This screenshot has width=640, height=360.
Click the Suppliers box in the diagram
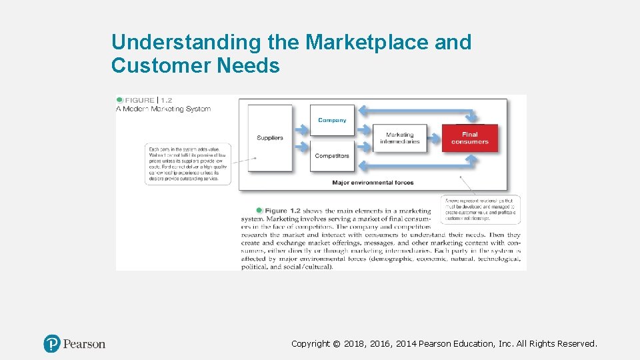pos(269,138)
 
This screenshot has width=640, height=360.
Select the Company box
pos(332,121)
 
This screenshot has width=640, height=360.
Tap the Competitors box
pos(332,156)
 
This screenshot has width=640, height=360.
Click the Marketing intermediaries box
pos(400,138)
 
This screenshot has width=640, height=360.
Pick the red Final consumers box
pos(469,138)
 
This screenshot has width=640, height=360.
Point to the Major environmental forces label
pos(373,183)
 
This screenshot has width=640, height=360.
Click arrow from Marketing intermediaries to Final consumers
pos(435,138)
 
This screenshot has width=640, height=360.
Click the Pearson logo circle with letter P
pos(52,344)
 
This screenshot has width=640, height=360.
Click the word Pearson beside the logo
pos(85,344)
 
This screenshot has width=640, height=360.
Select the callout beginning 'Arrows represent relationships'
pos(480,209)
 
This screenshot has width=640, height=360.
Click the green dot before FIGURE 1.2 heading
pos(119,100)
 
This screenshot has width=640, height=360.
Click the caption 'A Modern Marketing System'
pos(163,109)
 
